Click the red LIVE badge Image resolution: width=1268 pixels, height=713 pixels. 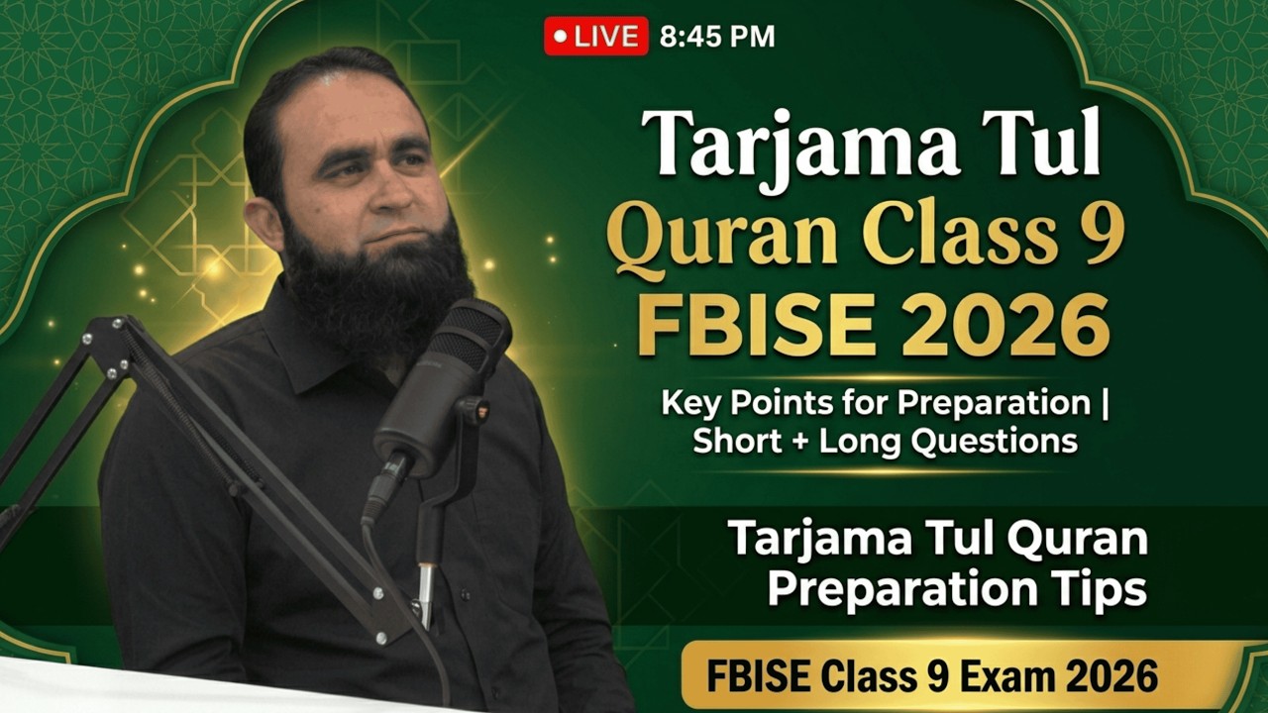tap(595, 37)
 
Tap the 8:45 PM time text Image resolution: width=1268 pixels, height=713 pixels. tap(717, 38)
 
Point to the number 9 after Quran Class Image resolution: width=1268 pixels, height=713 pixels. tap(1103, 239)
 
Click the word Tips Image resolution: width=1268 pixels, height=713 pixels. tap(1099, 589)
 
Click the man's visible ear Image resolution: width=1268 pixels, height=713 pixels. tap(263, 223)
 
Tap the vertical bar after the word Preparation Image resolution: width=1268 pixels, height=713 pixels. tap(1106, 404)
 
